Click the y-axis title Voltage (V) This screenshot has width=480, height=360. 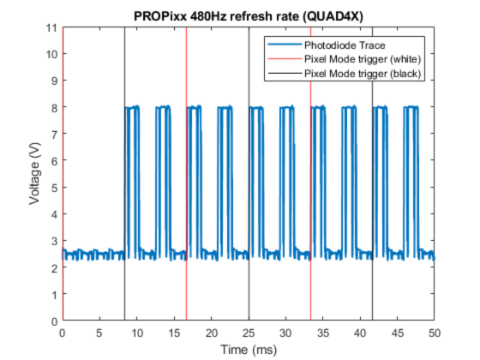(x=35, y=174)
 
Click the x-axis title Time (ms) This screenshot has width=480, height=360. (x=248, y=350)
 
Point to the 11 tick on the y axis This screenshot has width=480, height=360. (x=52, y=27)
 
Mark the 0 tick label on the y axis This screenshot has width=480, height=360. (x=54, y=321)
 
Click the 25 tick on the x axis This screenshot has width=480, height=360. (x=249, y=332)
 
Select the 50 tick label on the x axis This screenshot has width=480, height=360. (x=435, y=332)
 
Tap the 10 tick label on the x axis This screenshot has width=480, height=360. (x=137, y=332)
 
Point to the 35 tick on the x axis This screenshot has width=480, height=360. (x=323, y=332)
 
